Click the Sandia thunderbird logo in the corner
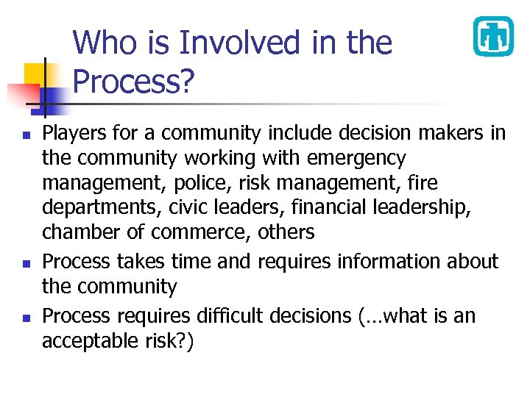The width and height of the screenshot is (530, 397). click(x=492, y=36)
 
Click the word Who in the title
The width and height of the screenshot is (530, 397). click(x=101, y=43)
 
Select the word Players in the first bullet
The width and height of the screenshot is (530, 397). click(x=72, y=133)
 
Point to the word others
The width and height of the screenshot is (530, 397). click(x=286, y=232)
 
